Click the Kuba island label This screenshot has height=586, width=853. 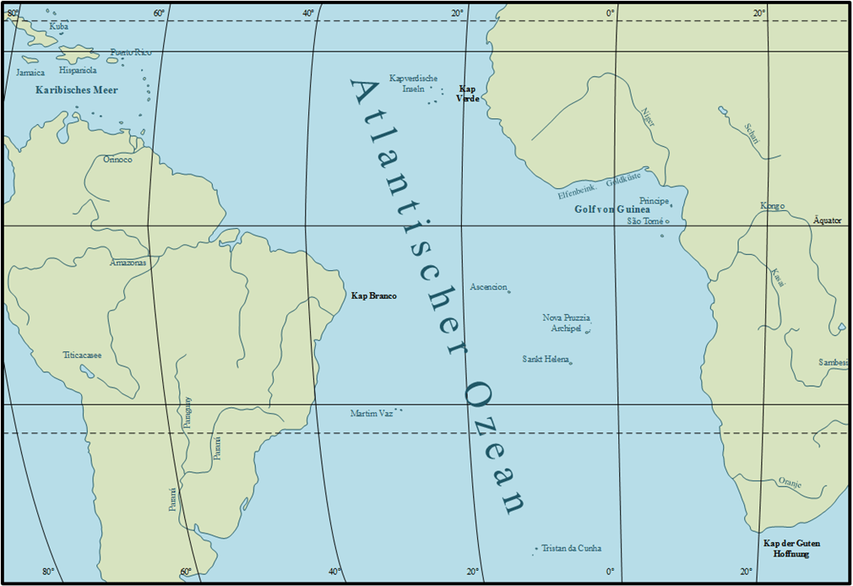59,27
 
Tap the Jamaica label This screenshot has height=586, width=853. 30,73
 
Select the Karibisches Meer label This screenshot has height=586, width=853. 77,90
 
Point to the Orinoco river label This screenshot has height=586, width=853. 117,159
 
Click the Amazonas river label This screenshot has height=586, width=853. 128,263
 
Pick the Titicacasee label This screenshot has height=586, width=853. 82,355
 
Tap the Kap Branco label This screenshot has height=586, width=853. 374,296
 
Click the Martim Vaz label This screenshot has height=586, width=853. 372,414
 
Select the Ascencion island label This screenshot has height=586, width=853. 488,287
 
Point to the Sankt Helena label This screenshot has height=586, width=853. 545,359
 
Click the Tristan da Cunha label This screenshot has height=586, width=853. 572,548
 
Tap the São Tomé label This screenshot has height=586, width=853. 645,221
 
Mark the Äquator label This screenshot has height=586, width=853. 827,220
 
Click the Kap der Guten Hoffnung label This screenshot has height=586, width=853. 791,548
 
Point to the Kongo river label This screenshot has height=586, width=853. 772,206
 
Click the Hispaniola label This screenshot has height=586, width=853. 78,71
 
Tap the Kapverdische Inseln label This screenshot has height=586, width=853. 413,83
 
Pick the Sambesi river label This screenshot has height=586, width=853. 833,362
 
